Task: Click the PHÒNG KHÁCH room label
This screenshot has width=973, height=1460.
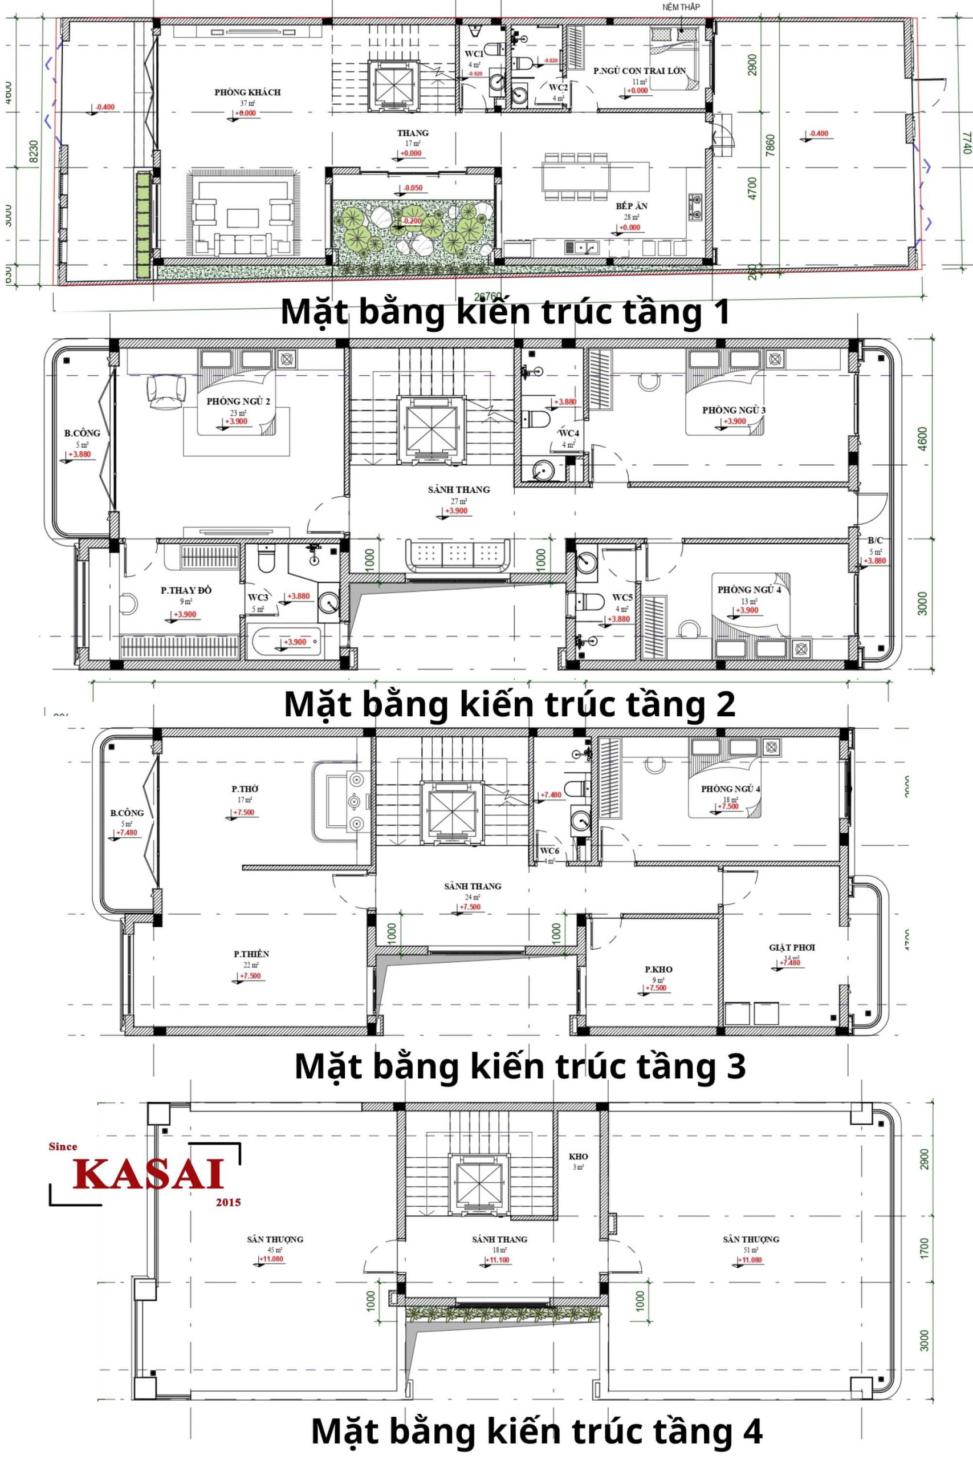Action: coord(247,92)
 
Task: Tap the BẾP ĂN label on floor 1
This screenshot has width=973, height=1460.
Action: coord(632,206)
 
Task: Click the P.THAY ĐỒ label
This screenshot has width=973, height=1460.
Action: coord(186,590)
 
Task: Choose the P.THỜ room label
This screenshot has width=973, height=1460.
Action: coord(246,789)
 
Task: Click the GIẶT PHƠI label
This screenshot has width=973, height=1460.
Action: coord(792,947)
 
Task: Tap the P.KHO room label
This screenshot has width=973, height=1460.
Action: coord(658,969)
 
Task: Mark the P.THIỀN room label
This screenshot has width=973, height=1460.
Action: coord(251,954)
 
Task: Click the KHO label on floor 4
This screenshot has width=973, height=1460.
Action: coord(579,1157)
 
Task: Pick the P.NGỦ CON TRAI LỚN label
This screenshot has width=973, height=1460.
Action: coord(639,71)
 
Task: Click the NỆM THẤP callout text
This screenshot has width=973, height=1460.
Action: coord(681,7)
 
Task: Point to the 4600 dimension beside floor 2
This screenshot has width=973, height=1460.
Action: coord(922,439)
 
